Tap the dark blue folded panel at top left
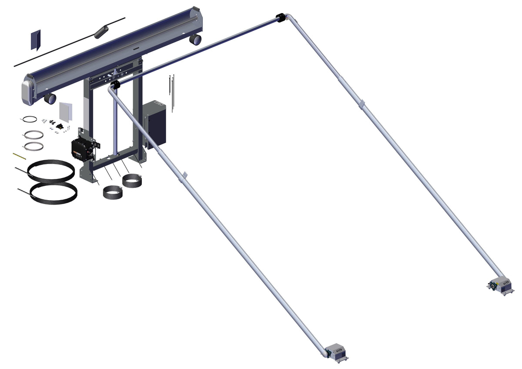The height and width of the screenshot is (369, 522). click(36, 40)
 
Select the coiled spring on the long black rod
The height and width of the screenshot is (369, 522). click(101, 31)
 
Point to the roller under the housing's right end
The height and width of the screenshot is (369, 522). click(195, 40)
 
